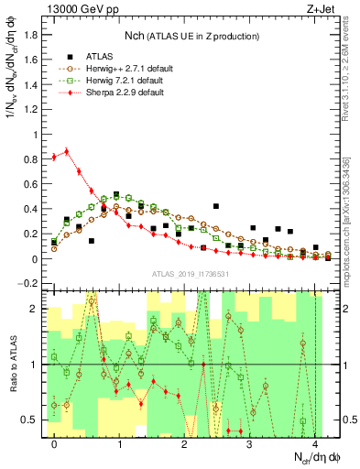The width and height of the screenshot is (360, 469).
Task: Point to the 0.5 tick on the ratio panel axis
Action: tap(31, 420)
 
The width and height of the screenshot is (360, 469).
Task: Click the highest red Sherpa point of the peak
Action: tap(66, 151)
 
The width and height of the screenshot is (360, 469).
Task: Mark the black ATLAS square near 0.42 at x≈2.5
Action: tap(216, 206)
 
